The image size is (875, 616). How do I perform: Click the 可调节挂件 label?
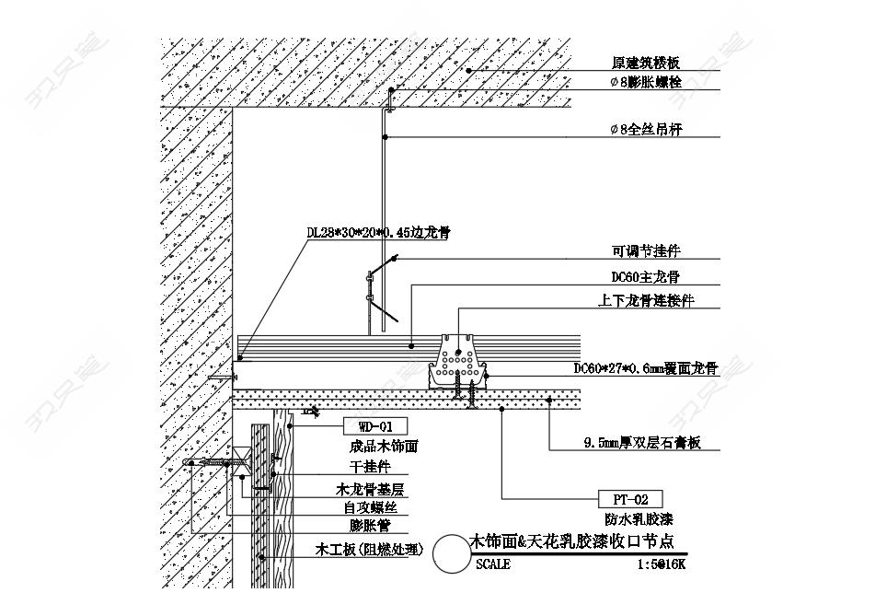coord(646,250)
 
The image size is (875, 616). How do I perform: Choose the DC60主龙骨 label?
coord(645,276)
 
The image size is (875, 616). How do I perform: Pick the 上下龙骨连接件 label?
coord(646,300)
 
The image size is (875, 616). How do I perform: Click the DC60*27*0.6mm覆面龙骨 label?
coord(645,368)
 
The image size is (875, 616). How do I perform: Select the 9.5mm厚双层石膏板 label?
coord(641,443)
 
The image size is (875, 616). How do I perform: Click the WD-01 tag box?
coord(374,426)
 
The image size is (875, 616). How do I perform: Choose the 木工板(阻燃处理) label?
coord(369,550)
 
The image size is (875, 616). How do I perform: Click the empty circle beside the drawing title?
coord(450,553)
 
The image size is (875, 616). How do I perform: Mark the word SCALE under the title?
coord(493,564)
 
